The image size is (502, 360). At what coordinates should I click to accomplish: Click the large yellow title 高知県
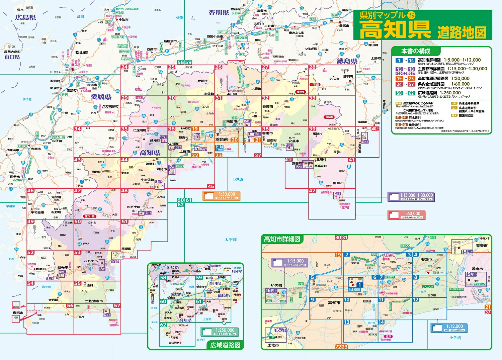395,30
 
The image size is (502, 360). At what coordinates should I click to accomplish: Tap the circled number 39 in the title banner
411,15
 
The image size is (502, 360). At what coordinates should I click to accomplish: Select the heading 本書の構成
416,51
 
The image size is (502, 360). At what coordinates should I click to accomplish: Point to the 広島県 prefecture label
25,17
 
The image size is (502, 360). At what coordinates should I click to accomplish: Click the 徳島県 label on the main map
347,61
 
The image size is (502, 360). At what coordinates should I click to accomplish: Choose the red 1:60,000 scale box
406,215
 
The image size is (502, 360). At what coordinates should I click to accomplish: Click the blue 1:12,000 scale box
447,328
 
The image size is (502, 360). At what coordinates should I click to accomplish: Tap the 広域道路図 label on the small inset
225,345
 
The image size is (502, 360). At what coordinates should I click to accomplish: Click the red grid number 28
312,67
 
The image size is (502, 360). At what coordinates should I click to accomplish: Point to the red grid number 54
31,283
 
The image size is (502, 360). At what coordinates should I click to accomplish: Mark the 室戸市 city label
338,183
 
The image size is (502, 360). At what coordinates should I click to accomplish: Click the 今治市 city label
123,20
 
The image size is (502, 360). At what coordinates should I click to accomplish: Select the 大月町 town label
53,300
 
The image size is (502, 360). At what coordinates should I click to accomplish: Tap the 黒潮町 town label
126,249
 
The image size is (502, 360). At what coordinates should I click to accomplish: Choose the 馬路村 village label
317,134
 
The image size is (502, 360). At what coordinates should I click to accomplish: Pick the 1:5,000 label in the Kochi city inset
355,290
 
